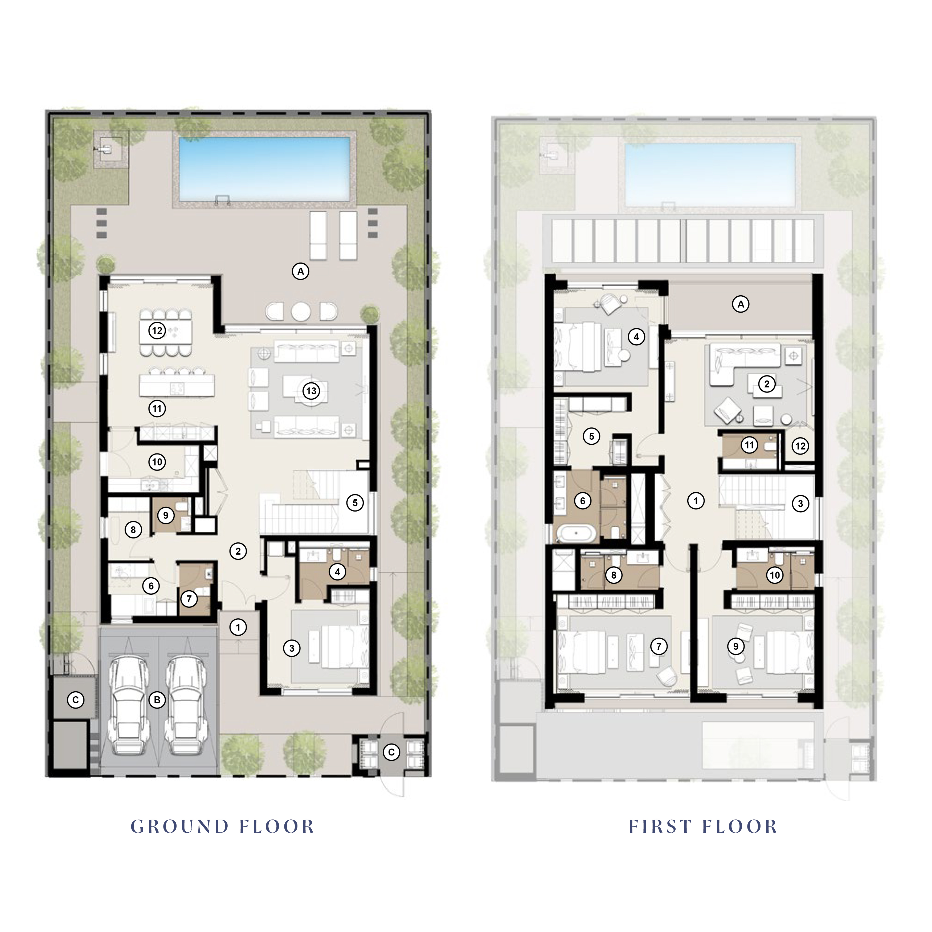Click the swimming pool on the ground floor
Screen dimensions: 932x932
264,169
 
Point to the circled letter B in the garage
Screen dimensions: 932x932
157,700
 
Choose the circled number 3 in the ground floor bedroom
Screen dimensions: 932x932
291,648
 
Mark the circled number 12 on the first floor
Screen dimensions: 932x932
800,446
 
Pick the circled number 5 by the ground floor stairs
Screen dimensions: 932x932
355,503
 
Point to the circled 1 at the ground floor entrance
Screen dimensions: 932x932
238,627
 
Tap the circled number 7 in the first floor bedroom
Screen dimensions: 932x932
659,647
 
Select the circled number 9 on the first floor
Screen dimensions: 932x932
736,647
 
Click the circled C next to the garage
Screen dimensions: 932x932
75,700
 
